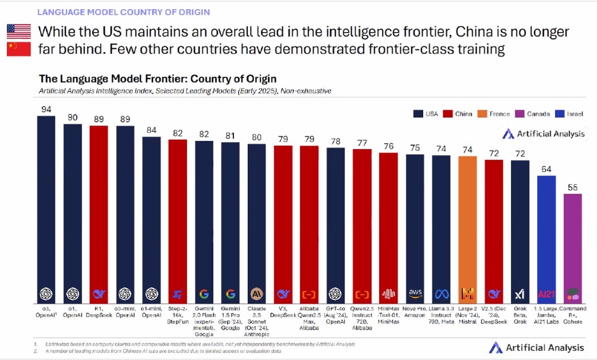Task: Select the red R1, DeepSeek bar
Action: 99,206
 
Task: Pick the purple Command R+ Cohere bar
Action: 573,241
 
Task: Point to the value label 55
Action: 573,187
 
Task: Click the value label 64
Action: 547,169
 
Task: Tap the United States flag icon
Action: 19,31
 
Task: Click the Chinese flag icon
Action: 19,49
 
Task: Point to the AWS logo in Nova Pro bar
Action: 415,294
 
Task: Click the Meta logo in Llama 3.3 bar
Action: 441,294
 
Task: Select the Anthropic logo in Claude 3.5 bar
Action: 256,294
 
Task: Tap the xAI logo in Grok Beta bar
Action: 520,294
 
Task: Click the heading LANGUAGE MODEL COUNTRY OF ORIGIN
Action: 123,11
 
